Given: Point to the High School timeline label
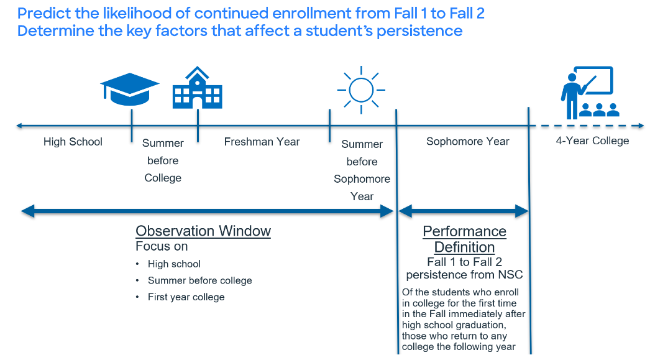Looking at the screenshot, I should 73,142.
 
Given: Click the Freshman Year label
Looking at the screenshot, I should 262,142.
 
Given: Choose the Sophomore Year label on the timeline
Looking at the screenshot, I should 467,142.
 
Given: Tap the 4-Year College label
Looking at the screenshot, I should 592,141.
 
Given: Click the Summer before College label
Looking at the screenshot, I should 163,160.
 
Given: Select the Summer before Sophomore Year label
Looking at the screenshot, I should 362,170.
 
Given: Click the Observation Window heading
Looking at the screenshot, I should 203,231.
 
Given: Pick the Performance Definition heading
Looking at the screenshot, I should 464,239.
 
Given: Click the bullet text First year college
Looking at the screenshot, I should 186,297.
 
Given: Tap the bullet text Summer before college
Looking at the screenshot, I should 199,280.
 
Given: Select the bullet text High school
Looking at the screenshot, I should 174,264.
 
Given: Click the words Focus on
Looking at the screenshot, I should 162,246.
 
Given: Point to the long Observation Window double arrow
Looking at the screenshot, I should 208,211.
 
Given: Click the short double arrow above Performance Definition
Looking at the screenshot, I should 463,211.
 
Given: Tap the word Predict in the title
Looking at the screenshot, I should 41,13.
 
